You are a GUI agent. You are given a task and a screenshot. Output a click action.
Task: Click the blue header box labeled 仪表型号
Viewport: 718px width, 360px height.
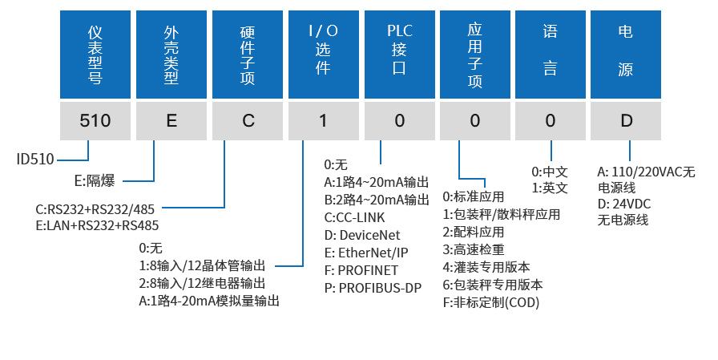tap(95, 55)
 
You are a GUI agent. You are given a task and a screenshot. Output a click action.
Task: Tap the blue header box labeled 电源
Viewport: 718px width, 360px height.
tap(626, 55)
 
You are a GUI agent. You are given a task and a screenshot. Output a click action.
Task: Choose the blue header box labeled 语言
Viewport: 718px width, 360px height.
tap(551, 55)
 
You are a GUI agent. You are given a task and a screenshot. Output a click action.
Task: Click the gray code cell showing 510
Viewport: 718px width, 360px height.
tap(95, 121)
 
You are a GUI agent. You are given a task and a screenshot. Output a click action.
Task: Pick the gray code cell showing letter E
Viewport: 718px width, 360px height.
tap(171, 121)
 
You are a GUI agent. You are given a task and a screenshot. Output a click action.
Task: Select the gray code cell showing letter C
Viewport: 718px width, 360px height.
tap(247, 121)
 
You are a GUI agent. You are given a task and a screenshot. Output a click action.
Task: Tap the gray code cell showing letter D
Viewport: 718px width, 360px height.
tap(626, 121)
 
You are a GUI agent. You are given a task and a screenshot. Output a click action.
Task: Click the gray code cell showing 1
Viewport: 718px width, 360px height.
tap(323, 121)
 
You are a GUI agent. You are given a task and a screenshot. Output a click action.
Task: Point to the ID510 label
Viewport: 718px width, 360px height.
tap(35, 159)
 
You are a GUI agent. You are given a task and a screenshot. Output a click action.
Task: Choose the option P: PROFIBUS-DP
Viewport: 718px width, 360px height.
tap(373, 287)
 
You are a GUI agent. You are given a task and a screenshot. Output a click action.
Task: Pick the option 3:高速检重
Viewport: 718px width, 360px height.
tap(474, 249)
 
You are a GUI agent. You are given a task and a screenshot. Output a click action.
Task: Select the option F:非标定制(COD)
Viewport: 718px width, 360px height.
tap(491, 302)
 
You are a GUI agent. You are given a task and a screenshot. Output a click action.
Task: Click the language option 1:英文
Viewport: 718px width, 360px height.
tap(550, 188)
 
